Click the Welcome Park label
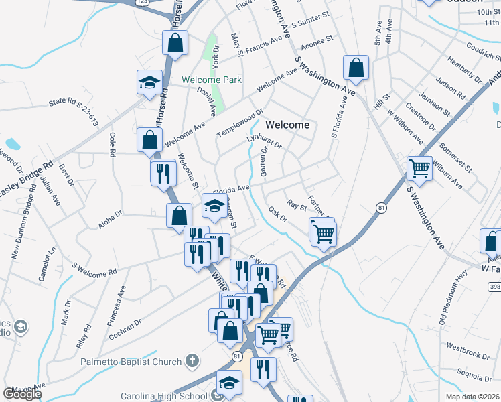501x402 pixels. tap(212, 80)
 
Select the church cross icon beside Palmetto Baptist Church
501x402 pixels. tap(192, 362)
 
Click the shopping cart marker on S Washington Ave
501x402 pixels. tap(420, 168)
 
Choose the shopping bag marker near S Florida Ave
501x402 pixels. tap(356, 68)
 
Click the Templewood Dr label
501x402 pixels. tap(240, 123)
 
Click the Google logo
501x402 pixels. tap(22, 394)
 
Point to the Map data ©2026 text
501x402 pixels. tap(473, 397)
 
